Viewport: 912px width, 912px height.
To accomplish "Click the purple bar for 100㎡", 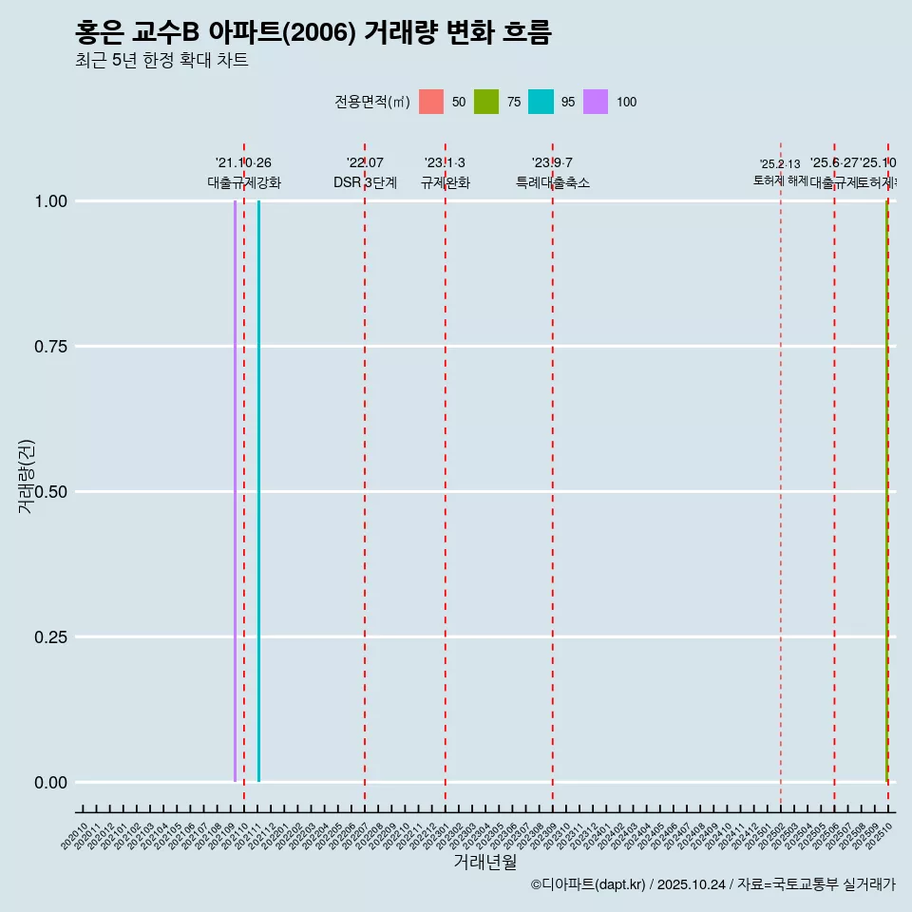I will click(235, 491).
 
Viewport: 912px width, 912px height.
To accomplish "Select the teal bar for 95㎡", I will click(258, 491).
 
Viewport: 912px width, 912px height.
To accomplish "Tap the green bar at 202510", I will click(886, 491).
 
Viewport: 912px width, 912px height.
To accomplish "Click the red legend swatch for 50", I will click(431, 102).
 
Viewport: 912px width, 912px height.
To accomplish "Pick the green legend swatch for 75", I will click(486, 102).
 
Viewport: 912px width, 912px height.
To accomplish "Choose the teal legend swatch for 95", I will click(541, 102).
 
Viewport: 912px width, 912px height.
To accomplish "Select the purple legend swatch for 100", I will click(596, 102).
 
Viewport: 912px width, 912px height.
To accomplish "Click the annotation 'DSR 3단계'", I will click(365, 182).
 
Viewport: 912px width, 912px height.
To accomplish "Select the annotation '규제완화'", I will click(446, 182).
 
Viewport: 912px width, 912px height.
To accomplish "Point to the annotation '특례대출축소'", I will click(553, 182).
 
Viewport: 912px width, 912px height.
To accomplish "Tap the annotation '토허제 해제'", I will click(781, 180).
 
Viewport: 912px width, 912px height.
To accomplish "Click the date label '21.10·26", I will click(243, 163).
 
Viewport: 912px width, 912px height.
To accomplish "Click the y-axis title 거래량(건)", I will click(26, 476).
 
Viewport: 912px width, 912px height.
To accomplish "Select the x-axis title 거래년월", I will click(484, 863).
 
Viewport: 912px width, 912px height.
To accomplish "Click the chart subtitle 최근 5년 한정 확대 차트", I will click(161, 61).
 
